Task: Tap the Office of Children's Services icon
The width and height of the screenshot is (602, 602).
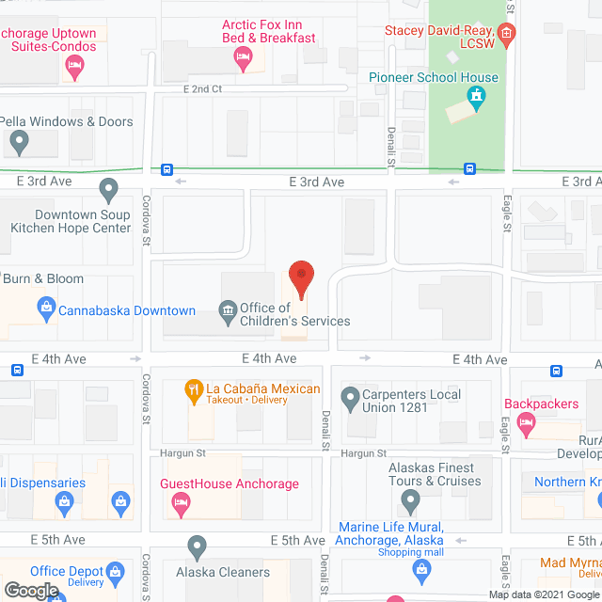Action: [227, 310]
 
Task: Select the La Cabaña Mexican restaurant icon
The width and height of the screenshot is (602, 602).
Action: [194, 389]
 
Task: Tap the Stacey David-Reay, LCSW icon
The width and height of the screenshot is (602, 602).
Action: [507, 37]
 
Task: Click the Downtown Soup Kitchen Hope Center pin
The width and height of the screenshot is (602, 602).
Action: [109, 191]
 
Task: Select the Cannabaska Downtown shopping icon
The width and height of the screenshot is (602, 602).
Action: [44, 307]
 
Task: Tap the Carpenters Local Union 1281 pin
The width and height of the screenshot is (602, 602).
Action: [350, 398]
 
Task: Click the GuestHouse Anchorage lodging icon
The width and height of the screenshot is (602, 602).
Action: [179, 504]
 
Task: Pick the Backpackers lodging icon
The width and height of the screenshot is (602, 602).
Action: [527, 425]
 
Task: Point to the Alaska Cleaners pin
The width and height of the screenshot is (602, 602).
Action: [197, 547]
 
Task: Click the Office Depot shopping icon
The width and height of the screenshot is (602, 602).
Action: [115, 571]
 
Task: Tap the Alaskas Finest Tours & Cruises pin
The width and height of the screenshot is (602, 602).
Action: [410, 499]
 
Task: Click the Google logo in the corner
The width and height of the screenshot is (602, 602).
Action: [30, 591]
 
